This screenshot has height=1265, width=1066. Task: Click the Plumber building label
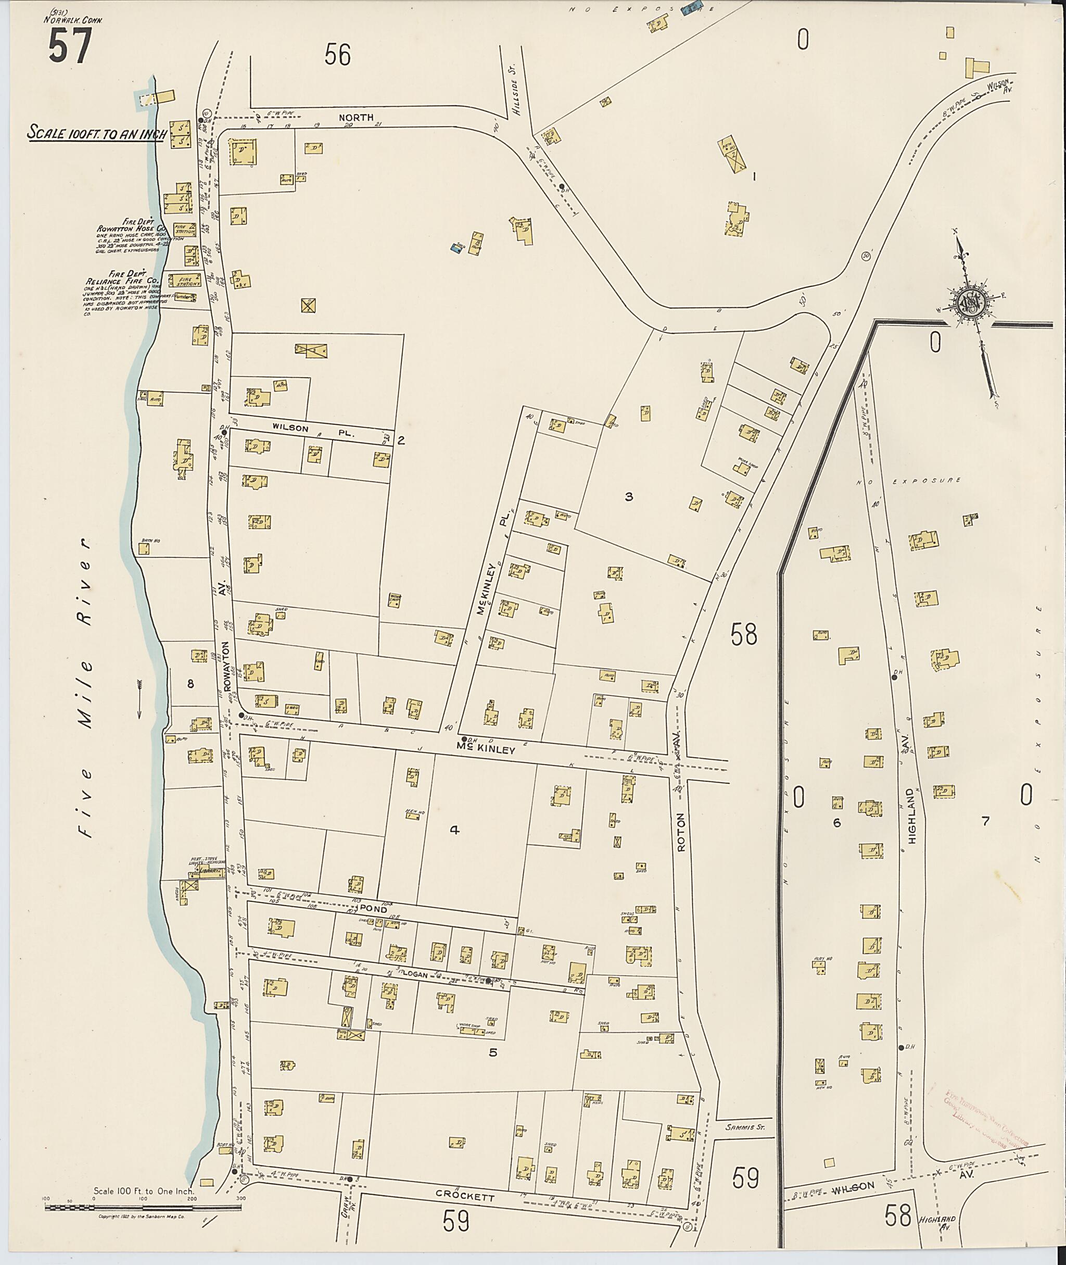(x=183, y=297)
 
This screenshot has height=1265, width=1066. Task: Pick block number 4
(x=454, y=830)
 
